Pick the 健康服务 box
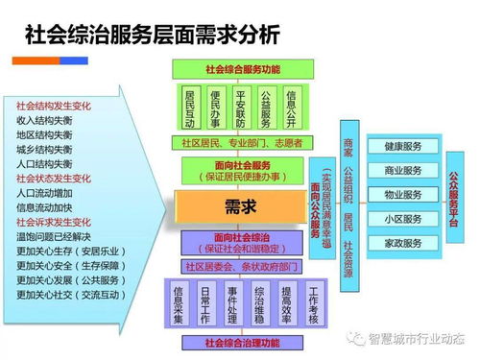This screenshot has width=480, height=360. point(403,147)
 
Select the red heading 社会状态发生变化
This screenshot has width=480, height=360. point(54,178)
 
